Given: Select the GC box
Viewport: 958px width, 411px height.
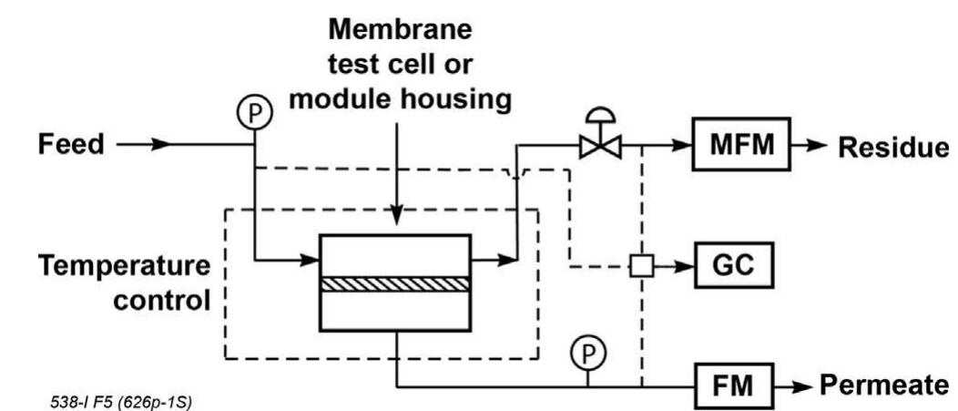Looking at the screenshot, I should click(734, 268).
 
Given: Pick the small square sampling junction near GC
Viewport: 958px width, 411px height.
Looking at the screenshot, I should click(642, 268).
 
